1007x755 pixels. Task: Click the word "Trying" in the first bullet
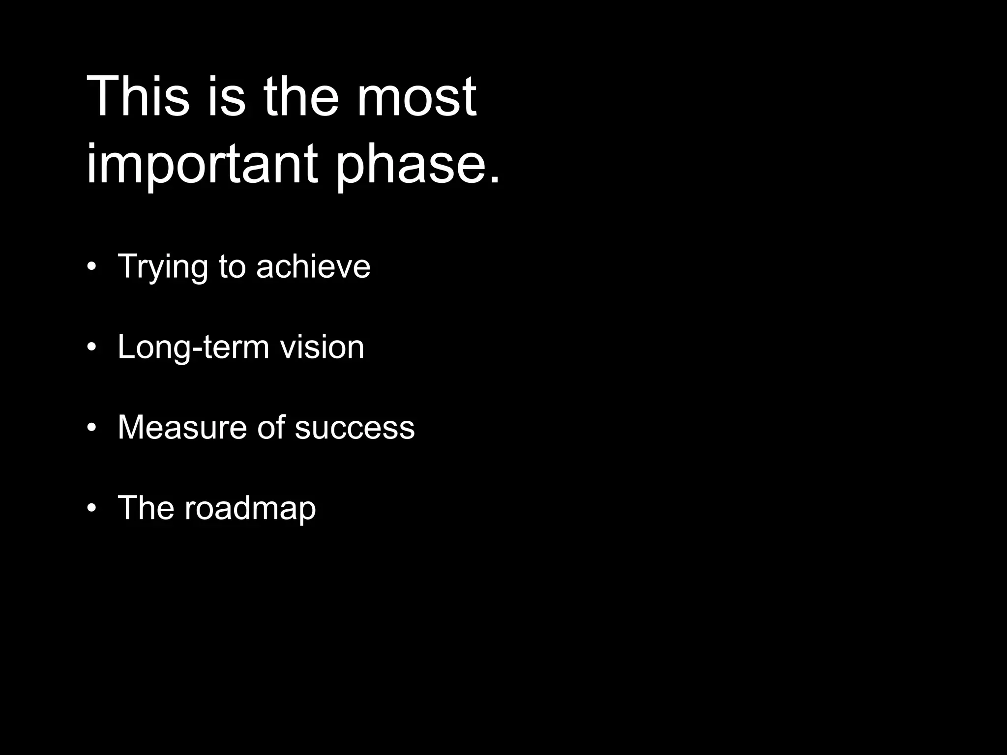163,267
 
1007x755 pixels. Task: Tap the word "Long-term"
193,348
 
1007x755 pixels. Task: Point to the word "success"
355,428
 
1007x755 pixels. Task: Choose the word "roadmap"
250,508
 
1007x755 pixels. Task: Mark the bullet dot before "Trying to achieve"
91,267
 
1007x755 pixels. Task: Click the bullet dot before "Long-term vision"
91,348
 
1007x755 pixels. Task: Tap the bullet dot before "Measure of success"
91,428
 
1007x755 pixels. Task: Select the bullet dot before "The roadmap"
91,509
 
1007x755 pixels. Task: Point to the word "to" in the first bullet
232,266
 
